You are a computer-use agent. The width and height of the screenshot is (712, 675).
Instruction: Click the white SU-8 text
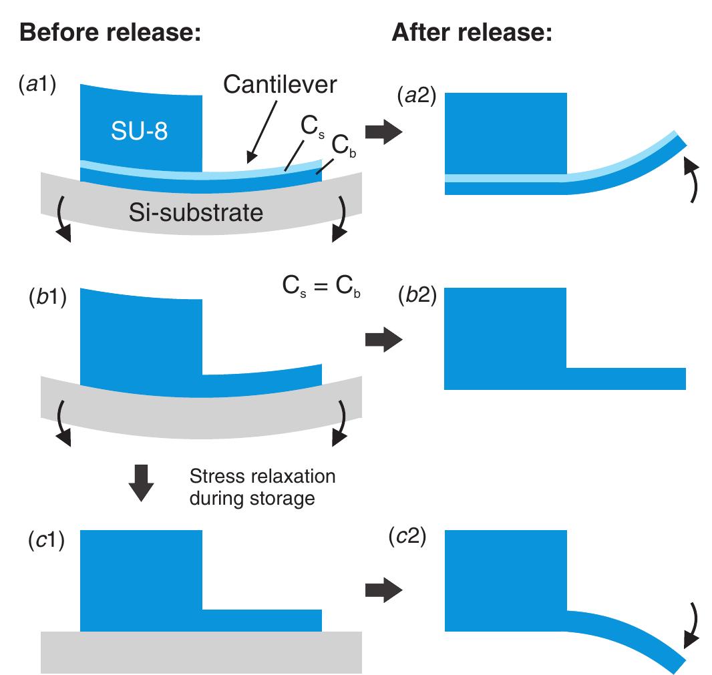pos(140,132)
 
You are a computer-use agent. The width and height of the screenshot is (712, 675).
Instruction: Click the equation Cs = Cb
pos(318,290)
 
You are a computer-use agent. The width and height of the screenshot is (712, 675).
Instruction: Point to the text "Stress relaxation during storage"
pos(262,487)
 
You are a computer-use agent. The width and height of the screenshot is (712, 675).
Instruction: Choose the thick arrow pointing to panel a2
pos(384,132)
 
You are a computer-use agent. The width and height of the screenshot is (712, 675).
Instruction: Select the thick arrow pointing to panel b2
pos(384,340)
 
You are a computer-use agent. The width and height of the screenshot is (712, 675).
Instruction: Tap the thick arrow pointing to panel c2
pos(384,589)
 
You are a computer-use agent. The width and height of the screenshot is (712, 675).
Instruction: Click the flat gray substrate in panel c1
pos(201,652)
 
